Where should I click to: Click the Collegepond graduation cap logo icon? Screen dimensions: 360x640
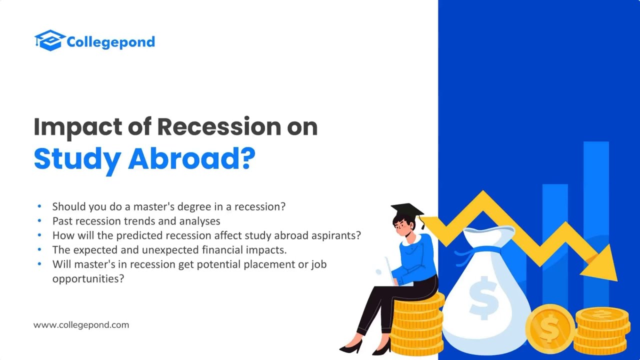click(49, 40)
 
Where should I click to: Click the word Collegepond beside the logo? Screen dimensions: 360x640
click(110, 42)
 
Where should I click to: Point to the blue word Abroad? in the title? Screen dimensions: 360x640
click(192, 158)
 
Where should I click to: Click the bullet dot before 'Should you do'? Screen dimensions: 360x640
click(39, 206)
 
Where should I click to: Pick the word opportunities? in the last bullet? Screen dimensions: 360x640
click(88, 279)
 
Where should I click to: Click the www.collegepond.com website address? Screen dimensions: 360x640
click(81, 325)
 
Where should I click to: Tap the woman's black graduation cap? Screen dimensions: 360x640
click(407, 209)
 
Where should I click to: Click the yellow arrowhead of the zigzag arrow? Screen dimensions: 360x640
click(604, 264)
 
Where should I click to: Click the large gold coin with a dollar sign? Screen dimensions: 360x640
click(549, 329)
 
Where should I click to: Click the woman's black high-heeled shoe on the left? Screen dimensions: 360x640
click(351, 346)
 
